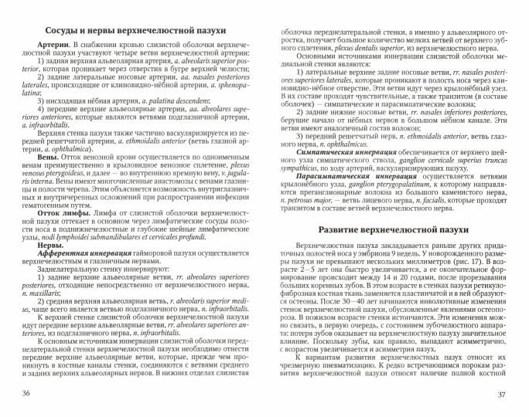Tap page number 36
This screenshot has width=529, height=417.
coord(28,394)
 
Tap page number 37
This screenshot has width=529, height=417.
coord(501,394)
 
